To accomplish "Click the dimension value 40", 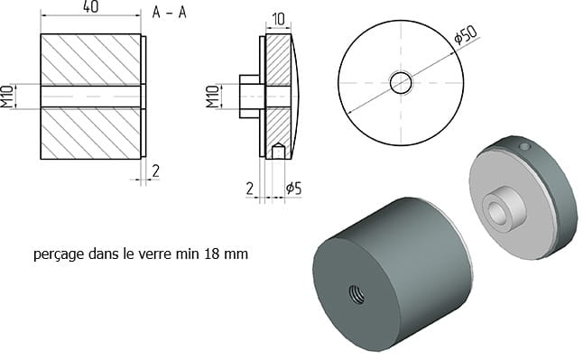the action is pyautogui.click(x=91, y=6).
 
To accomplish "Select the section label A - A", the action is pyautogui.click(x=169, y=13).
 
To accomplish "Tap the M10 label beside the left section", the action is pyautogui.click(x=6, y=97).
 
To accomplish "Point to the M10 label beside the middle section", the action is pyautogui.click(x=213, y=97).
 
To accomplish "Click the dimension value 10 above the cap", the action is pyautogui.click(x=279, y=19).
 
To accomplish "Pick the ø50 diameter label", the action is pyautogui.click(x=465, y=35).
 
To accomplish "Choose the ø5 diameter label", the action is pyautogui.click(x=293, y=189).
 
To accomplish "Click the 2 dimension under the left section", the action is pyautogui.click(x=156, y=171).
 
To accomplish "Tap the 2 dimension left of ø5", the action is pyautogui.click(x=250, y=189).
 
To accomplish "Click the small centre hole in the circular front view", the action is pyautogui.click(x=401, y=83).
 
